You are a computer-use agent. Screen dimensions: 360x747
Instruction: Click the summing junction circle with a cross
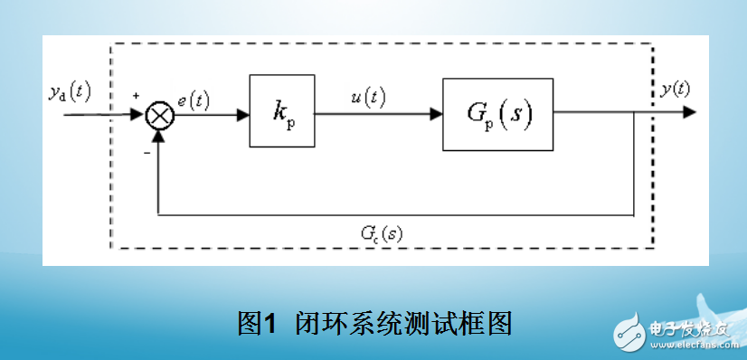[159, 115]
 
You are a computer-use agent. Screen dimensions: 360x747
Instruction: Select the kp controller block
[282, 112]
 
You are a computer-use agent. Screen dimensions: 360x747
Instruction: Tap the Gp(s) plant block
[496, 114]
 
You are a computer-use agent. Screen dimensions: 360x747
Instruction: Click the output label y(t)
[675, 89]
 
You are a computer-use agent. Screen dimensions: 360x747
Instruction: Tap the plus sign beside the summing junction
[136, 96]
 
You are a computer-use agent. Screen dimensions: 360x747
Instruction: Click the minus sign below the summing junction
[145, 154]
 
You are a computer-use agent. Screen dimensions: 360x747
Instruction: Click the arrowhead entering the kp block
[243, 114]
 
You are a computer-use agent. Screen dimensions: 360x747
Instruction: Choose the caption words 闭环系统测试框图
[403, 320]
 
